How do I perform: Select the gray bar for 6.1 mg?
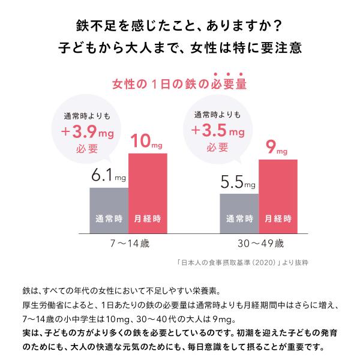click(109, 210)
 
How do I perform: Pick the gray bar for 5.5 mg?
click(239, 213)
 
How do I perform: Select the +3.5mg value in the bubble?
click(218, 130)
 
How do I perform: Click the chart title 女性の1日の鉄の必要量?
click(179, 84)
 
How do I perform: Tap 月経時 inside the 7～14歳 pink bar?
click(148, 219)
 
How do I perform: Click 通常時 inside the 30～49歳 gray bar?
click(239, 219)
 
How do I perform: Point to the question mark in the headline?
click(287, 28)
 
